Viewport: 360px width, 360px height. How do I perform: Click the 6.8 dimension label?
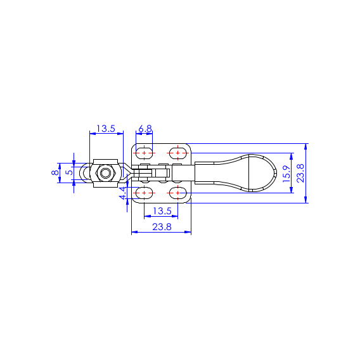point(145,129)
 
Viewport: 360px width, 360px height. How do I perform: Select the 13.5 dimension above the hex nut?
point(106,129)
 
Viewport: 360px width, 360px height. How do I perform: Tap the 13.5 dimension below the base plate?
point(162,211)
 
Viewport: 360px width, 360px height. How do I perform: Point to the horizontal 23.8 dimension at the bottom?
point(162,227)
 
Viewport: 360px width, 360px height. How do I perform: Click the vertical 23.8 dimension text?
point(300,173)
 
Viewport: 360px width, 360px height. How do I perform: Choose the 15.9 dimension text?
point(286,174)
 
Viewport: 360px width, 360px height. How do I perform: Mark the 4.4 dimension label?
point(123,193)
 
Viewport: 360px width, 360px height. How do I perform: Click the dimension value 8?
point(55,172)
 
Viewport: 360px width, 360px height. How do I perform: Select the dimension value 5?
point(69,172)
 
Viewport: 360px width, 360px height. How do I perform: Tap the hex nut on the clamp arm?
point(105,173)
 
